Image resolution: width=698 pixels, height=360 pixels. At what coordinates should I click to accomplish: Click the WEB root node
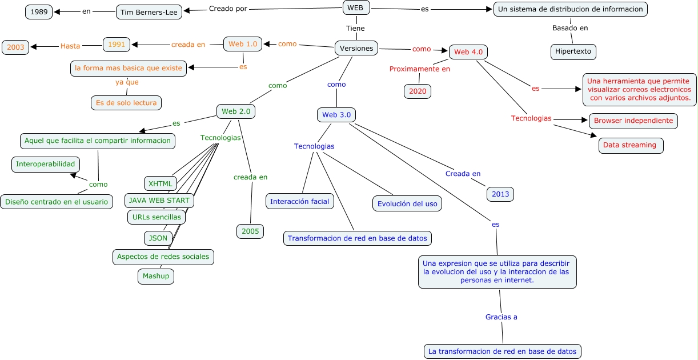coord(356,7)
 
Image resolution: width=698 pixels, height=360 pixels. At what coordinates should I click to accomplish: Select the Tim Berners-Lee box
coord(149,12)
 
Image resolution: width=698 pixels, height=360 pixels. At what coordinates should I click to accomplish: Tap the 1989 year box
coord(39,11)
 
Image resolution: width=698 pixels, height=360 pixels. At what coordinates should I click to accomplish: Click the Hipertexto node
coord(573,51)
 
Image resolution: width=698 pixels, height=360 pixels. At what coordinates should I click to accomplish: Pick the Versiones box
coord(356,49)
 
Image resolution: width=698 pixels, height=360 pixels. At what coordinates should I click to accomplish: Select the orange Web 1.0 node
coord(243,44)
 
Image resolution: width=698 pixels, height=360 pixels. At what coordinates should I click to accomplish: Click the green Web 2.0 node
coord(235,111)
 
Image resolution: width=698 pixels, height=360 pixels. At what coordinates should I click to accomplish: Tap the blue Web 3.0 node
coord(336,115)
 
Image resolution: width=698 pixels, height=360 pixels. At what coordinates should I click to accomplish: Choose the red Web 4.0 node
coord(468,52)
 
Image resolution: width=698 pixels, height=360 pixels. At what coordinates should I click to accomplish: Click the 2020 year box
coord(418,91)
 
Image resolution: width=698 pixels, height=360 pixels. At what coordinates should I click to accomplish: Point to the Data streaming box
coord(631,145)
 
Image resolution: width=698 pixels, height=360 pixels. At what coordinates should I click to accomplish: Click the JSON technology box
coord(158,238)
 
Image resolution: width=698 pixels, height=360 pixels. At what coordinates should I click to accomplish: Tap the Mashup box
coord(156,276)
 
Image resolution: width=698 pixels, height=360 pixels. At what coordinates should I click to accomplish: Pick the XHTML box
coord(160,183)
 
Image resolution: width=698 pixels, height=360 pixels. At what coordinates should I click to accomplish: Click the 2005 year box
coord(250,231)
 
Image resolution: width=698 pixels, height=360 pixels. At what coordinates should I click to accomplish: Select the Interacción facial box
coord(300,201)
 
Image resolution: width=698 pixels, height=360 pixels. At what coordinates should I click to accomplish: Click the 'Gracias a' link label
coord(501,317)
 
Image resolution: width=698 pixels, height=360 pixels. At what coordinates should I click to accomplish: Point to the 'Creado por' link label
coord(228,9)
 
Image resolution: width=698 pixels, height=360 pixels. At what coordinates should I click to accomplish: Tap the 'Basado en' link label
coord(569,28)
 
